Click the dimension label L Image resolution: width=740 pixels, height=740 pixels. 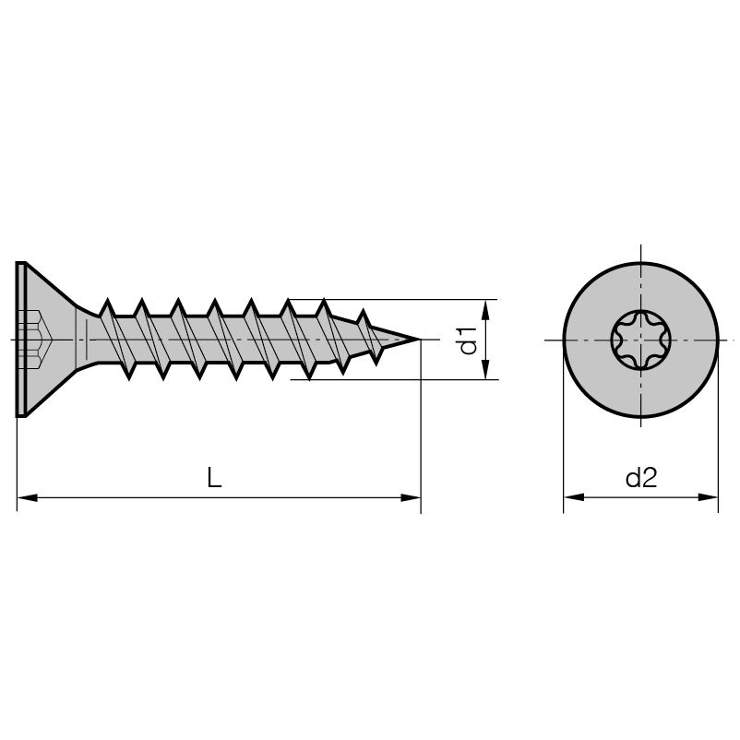point(214,477)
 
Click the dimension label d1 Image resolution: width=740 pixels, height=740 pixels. point(469,340)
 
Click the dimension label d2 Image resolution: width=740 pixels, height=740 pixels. point(641,478)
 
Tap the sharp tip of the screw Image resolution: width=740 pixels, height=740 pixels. point(420,340)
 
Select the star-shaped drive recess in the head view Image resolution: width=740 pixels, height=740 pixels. point(640,340)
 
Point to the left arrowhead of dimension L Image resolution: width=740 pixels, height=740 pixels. point(27,497)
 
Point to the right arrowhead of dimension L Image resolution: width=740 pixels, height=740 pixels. point(410,497)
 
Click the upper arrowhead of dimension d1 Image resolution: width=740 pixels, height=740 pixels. point(486,310)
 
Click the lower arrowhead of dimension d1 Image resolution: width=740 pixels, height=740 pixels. point(486,369)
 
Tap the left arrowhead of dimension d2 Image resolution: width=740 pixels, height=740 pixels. point(573,497)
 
